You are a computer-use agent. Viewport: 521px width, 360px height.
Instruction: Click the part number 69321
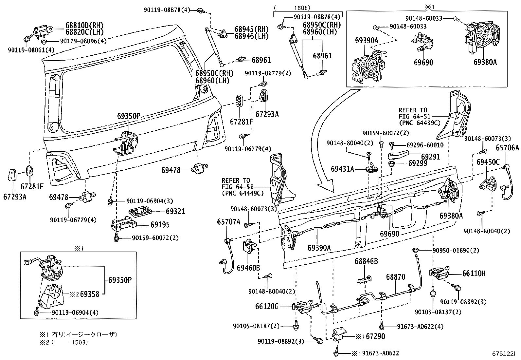(175, 211)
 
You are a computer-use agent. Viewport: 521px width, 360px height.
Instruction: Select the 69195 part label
(160, 224)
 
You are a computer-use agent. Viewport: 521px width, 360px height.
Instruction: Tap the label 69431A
(342, 169)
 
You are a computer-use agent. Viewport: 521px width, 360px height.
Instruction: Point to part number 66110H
(474, 273)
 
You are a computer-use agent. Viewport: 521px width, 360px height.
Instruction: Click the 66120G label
(267, 307)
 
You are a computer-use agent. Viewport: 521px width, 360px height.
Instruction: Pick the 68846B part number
(366, 261)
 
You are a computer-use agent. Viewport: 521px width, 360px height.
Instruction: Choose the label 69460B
(248, 268)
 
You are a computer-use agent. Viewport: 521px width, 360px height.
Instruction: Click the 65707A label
(228, 221)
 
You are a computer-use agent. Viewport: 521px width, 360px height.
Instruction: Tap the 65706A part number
(507, 148)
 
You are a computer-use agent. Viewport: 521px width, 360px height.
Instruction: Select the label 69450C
(488, 162)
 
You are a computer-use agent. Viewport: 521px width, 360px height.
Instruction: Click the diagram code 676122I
(503, 353)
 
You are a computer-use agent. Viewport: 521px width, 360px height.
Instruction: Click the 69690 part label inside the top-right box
(423, 63)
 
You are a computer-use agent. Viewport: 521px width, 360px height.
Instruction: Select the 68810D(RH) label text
(84, 25)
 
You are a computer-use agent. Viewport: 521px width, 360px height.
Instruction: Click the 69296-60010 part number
(425, 145)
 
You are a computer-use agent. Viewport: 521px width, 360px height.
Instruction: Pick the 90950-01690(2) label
(456, 250)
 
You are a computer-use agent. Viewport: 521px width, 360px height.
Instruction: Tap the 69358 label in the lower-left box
(90, 294)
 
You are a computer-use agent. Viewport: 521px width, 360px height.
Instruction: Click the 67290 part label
(375, 336)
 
